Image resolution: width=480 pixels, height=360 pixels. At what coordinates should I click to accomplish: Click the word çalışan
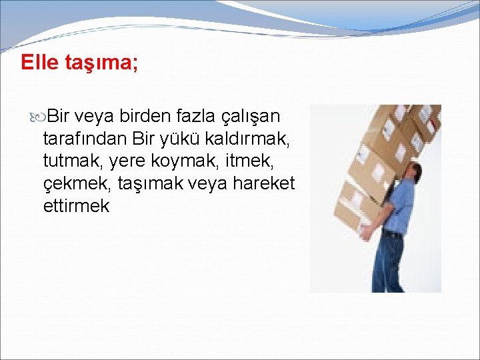(251, 117)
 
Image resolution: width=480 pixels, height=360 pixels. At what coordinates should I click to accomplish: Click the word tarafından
(85, 139)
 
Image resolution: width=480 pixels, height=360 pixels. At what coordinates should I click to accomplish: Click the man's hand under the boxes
(366, 233)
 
